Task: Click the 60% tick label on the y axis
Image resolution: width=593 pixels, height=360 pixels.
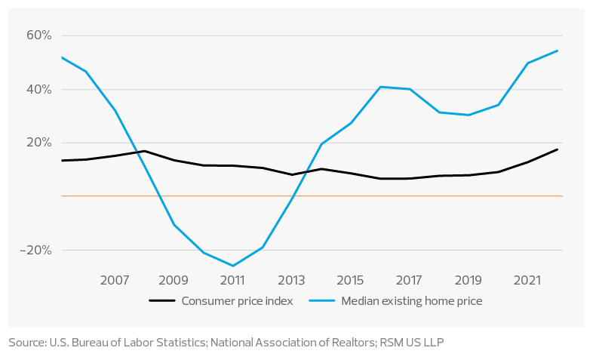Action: [40, 35]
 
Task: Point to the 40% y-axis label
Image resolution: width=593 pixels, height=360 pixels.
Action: [40, 89]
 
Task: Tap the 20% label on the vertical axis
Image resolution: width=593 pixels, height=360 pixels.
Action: [40, 143]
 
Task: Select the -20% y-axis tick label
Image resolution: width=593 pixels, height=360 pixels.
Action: [38, 250]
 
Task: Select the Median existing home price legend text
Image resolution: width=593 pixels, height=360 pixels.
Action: [411, 300]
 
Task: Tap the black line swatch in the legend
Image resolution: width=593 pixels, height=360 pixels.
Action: [162, 300]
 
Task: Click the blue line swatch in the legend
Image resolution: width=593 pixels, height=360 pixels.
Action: [322, 300]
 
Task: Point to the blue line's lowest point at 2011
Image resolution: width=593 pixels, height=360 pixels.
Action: [232, 266]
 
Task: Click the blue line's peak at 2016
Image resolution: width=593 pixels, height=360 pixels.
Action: [380, 88]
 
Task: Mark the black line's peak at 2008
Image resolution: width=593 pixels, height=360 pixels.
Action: [143, 151]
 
